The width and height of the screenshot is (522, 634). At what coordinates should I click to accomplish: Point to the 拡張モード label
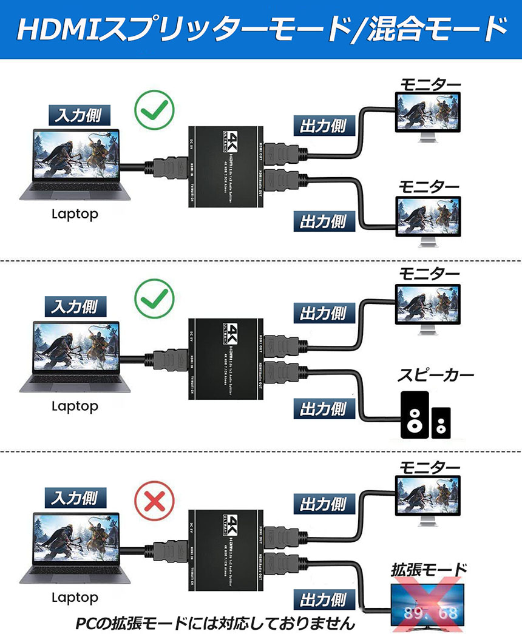429,570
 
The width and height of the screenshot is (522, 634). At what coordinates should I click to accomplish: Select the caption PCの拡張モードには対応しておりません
214,622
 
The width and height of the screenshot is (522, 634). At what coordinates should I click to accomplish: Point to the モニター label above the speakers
429,274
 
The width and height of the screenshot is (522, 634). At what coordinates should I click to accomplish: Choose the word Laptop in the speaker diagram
74,406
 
